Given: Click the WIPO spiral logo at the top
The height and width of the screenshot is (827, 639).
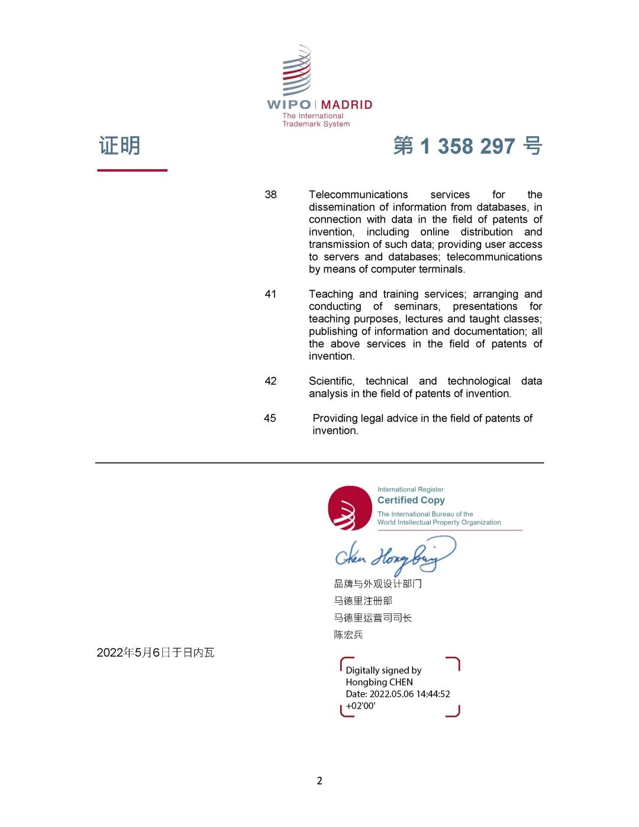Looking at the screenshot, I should click(x=296, y=70).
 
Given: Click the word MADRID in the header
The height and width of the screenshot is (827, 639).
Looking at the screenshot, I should click(x=347, y=105).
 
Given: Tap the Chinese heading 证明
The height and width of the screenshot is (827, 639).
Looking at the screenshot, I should click(x=120, y=146).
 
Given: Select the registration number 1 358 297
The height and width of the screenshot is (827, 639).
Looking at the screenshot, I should click(x=467, y=146).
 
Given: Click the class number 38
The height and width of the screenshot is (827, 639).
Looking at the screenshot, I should click(x=270, y=195).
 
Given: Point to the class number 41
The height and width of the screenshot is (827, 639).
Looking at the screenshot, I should click(x=270, y=294).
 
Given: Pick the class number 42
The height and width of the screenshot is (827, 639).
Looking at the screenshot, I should click(x=270, y=381).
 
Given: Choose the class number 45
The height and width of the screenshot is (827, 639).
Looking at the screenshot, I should click(x=270, y=419).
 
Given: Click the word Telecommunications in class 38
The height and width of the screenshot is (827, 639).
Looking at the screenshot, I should click(x=358, y=195).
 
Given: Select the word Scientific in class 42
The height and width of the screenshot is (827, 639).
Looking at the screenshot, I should click(x=331, y=381).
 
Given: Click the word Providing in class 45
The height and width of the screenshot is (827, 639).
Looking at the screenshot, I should click(x=335, y=419).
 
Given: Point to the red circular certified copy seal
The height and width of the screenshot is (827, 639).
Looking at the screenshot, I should click(x=350, y=508).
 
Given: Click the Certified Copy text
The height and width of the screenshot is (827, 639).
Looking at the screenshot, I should click(x=411, y=500).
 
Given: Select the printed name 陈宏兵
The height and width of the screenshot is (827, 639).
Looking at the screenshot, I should click(x=348, y=635).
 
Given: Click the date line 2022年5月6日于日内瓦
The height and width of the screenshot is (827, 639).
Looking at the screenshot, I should click(x=156, y=652).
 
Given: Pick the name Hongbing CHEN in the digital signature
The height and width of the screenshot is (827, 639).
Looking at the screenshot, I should click(x=379, y=682).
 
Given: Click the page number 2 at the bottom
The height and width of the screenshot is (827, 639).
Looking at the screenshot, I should click(x=319, y=781).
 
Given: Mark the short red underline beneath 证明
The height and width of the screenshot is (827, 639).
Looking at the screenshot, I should click(x=133, y=170).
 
